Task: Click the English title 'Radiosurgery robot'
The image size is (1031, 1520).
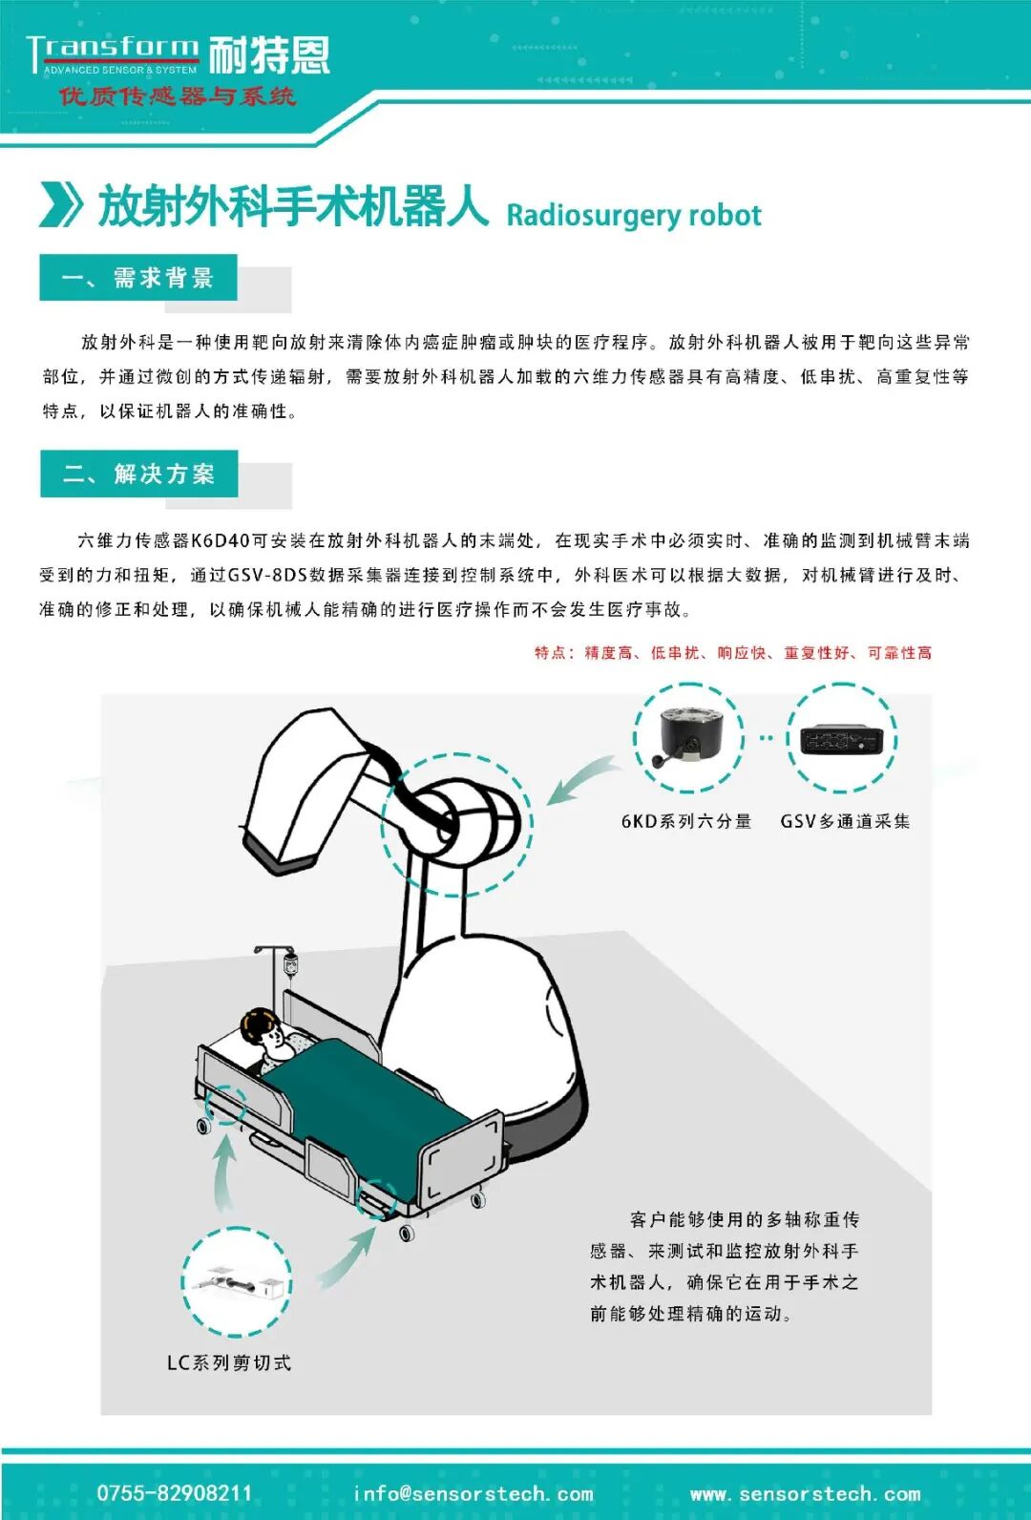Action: (x=633, y=215)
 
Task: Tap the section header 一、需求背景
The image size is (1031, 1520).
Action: (x=138, y=278)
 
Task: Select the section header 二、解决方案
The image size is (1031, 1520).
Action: (x=139, y=474)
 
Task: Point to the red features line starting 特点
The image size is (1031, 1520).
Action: (x=732, y=652)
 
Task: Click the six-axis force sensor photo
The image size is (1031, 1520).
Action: (x=689, y=736)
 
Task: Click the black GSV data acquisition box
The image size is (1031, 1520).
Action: (x=841, y=739)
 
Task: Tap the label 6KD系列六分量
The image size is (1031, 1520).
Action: (x=686, y=821)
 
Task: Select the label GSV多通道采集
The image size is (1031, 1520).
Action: (x=844, y=821)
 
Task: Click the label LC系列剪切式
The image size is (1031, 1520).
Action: (x=229, y=1362)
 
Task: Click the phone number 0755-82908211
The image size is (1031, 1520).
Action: (x=175, y=1493)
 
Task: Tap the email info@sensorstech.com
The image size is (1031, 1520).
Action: (x=473, y=1493)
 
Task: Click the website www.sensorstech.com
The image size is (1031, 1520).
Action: (x=805, y=1493)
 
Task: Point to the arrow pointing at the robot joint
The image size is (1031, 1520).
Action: (x=579, y=780)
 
